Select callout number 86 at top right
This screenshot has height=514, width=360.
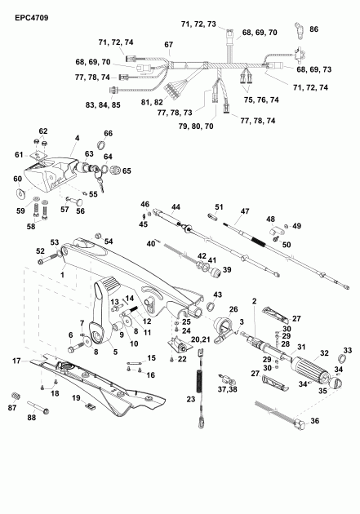pos(315,29)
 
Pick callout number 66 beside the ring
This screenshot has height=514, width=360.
pos(107,133)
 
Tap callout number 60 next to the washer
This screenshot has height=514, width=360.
pos(16,178)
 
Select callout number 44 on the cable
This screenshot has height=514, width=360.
pos(174,207)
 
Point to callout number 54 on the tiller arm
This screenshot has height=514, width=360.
pos(109,241)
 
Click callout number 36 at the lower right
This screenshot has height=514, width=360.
pos(315,421)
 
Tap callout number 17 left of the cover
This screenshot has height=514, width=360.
pos(16,360)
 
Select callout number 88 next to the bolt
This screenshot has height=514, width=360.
pos(32,419)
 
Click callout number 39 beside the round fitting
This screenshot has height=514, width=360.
pos(227,269)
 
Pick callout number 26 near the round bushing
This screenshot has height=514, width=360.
pos(233,309)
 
